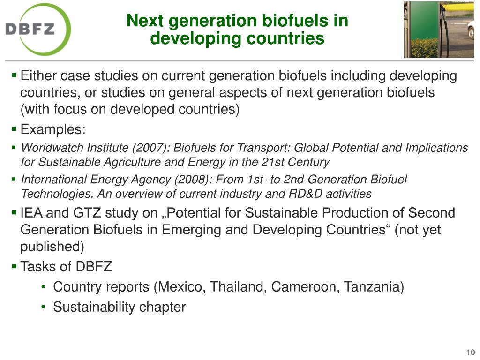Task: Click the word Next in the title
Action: [x=145, y=21]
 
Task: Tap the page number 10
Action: [x=470, y=352]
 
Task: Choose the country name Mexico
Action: [x=182, y=287]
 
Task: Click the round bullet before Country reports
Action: [x=44, y=287]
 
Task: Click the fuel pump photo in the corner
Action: [x=439, y=30]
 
